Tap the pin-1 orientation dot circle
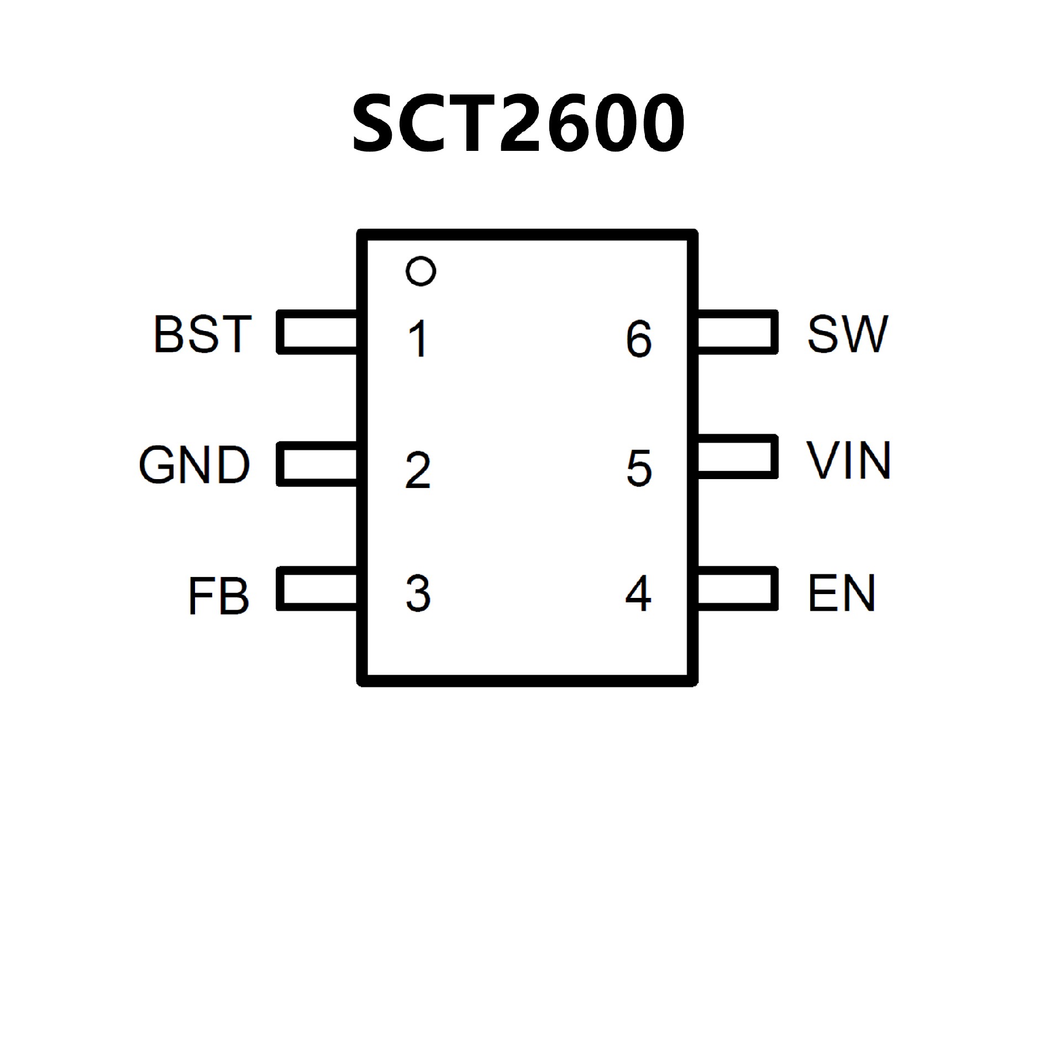pyautogui.click(x=421, y=271)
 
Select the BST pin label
pyautogui.click(x=202, y=334)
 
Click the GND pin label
pyautogui.click(x=194, y=465)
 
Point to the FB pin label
pyautogui.click(x=218, y=596)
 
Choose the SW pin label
pyautogui.click(x=847, y=334)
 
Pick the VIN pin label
pyautogui.click(x=848, y=460)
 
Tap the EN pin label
pyautogui.click(x=841, y=593)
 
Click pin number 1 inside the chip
pyautogui.click(x=418, y=339)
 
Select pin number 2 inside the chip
pyautogui.click(x=418, y=470)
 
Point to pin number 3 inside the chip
pyautogui.click(x=418, y=594)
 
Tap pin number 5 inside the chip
pyautogui.click(x=639, y=468)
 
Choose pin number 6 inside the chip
pyautogui.click(x=639, y=339)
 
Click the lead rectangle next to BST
pyautogui.click(x=318, y=332)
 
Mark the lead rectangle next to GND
pyautogui.click(x=318, y=464)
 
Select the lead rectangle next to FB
pyautogui.click(x=318, y=589)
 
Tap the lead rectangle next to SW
pyautogui.click(x=737, y=332)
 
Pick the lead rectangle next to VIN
pyautogui.click(x=737, y=457)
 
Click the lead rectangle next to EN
pyautogui.click(x=737, y=589)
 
